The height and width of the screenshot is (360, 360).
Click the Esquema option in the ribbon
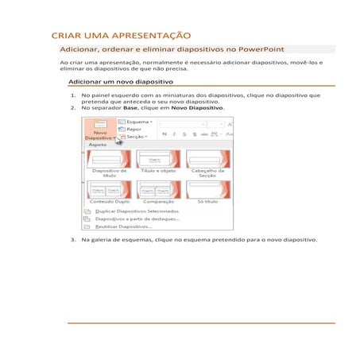pos(137,122)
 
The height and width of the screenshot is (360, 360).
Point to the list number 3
pos(72,239)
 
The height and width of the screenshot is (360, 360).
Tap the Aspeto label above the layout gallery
pos(98,145)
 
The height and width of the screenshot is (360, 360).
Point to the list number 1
pos(72,95)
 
